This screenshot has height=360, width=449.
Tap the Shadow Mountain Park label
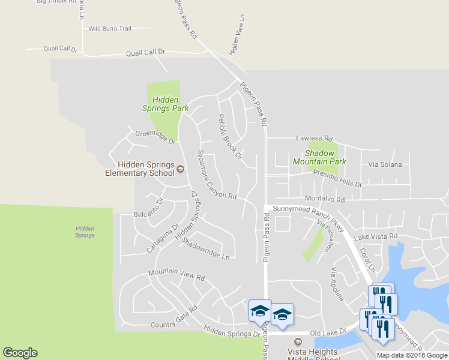pyautogui.click(x=319, y=157)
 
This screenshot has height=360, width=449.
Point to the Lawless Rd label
pyautogui.click(x=314, y=138)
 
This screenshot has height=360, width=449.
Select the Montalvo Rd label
pyautogui.click(x=325, y=199)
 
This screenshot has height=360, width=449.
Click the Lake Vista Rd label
pyautogui.click(x=376, y=237)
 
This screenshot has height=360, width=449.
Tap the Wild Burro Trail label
pyautogui.click(x=109, y=28)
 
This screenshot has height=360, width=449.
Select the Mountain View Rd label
pyautogui.click(x=176, y=275)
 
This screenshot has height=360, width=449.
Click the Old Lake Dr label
pyautogui.click(x=328, y=331)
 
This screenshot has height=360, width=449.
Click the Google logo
pyautogui.click(x=20, y=353)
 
